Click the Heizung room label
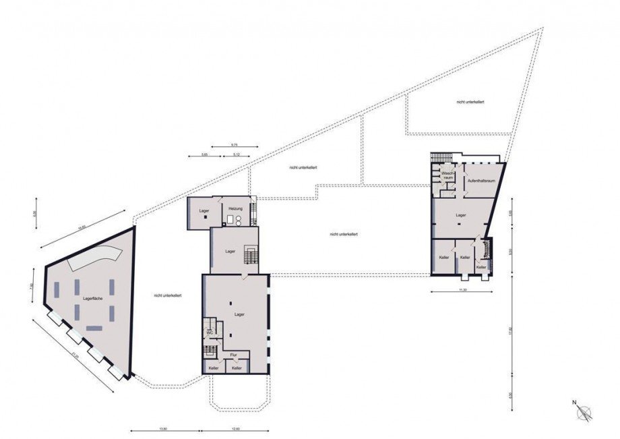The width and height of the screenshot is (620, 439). click(x=235, y=209)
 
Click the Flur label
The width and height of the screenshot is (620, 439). click(x=233, y=354)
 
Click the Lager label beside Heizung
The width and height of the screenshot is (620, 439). click(x=204, y=211)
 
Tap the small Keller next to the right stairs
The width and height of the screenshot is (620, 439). click(x=480, y=267)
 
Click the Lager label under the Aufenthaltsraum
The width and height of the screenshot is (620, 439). click(x=461, y=215)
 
